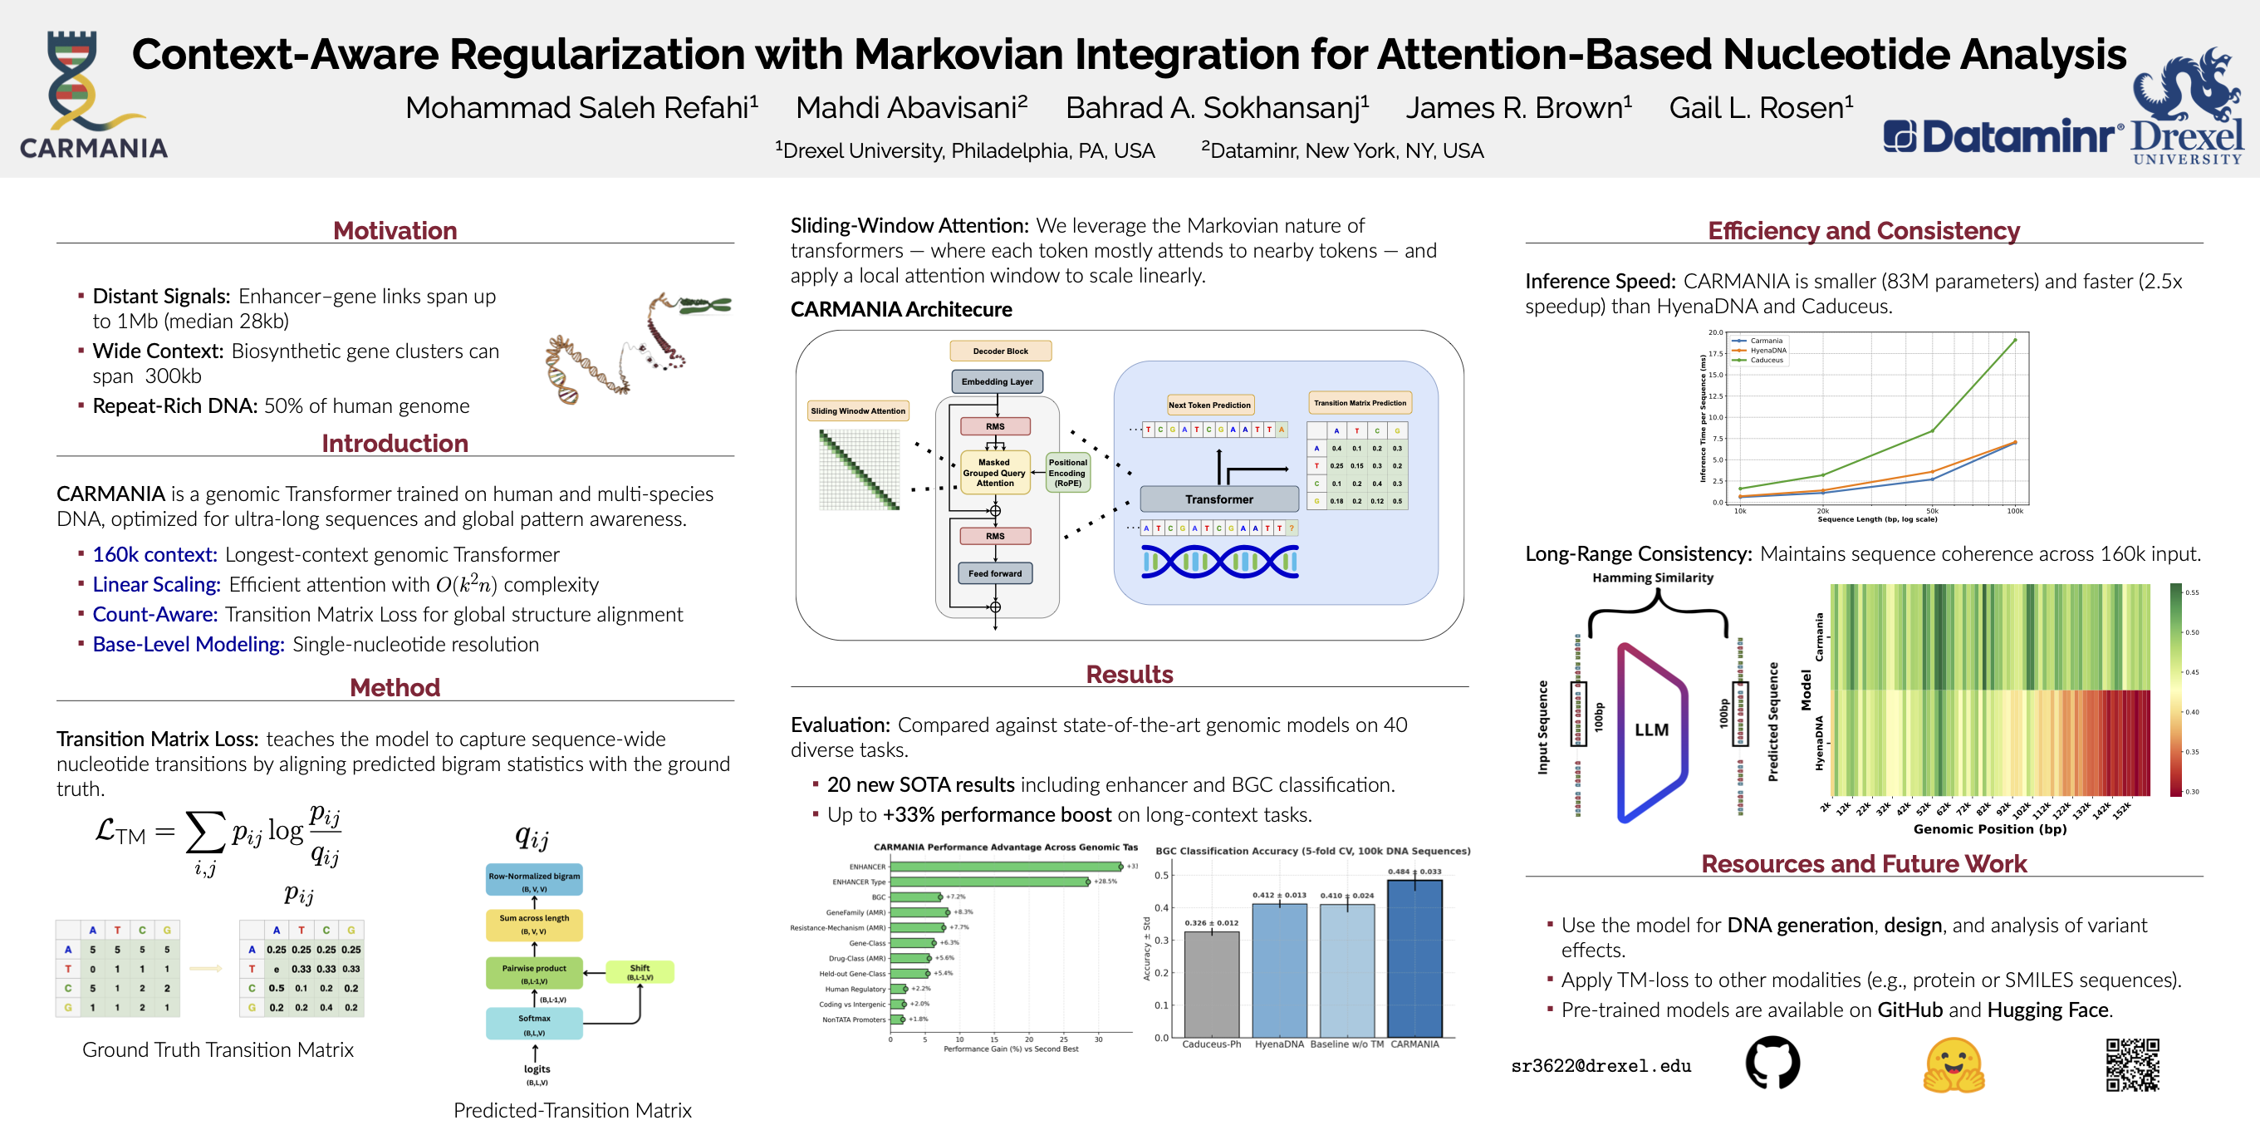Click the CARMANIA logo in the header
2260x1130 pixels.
click(92, 95)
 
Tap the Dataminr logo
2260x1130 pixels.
click(2002, 137)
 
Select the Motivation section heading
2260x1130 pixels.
click(395, 231)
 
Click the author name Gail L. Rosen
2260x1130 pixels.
click(1760, 108)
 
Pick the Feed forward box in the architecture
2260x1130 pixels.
click(995, 574)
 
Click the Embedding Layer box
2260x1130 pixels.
click(997, 381)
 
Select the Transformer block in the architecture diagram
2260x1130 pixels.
click(1218, 499)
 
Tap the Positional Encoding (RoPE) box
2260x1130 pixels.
click(1068, 473)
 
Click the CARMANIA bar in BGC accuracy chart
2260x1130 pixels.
click(1414, 957)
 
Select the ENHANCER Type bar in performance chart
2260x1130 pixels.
click(988, 882)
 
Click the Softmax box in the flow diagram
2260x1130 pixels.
click(534, 1023)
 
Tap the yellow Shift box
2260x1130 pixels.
click(640, 972)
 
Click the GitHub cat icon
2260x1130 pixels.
click(1772, 1063)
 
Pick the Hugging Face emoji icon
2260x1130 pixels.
click(1954, 1064)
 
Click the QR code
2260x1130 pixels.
click(2132, 1064)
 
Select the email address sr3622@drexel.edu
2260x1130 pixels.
click(1601, 1066)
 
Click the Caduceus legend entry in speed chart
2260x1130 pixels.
click(1766, 360)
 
